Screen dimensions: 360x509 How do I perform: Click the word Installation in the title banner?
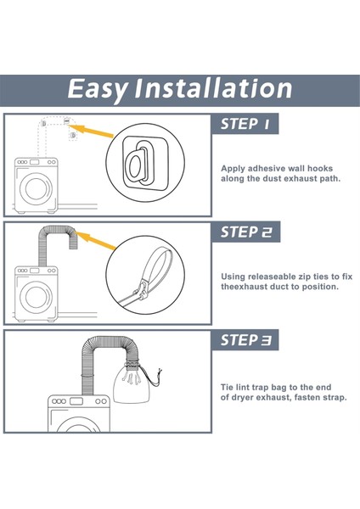(213, 88)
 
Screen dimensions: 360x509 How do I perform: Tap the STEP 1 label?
(245, 124)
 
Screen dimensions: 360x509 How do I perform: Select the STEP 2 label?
(246, 232)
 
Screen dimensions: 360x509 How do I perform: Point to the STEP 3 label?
(246, 340)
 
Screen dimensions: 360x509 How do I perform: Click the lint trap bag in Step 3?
(132, 385)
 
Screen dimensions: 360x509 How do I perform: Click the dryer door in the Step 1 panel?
(36, 189)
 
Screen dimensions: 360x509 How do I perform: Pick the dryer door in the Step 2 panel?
(36, 297)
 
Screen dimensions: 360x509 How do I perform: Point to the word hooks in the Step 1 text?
(320, 169)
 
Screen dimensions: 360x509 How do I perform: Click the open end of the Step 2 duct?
(73, 248)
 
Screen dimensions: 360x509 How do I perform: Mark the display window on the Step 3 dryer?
(76, 401)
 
